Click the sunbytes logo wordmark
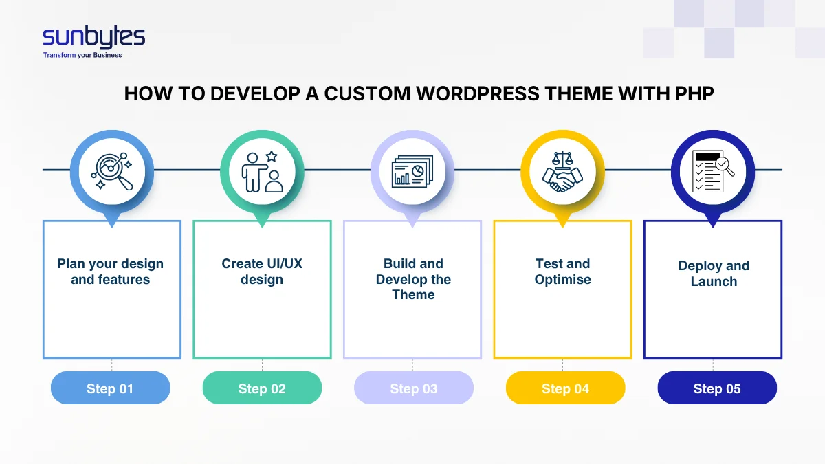[93, 37]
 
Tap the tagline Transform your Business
[82, 55]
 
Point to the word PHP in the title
[692, 94]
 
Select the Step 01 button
[110, 388]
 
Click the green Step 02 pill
[262, 388]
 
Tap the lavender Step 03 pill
[414, 388]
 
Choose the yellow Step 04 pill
[565, 388]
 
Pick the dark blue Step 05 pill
[717, 388]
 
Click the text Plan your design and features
[111, 272]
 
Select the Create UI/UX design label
[262, 272]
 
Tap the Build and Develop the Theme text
[413, 279]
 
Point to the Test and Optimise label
[563, 272]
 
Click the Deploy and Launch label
[714, 274]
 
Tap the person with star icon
[262, 172]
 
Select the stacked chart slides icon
[412, 172]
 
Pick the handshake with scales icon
[562, 172]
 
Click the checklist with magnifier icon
[713, 172]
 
